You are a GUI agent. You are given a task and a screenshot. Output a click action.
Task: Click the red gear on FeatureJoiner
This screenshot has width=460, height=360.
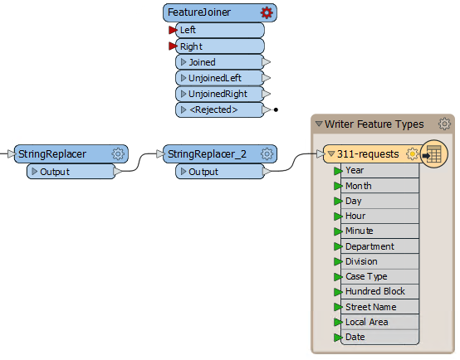[x=267, y=12]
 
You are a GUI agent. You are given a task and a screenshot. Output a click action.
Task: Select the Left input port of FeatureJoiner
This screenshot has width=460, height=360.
[x=220, y=30]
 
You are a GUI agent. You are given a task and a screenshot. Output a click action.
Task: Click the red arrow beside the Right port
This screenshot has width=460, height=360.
[x=173, y=46]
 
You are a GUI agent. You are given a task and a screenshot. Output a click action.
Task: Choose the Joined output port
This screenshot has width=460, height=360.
[x=220, y=62]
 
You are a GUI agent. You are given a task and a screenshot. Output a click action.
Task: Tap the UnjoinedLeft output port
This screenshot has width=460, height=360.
[x=220, y=78]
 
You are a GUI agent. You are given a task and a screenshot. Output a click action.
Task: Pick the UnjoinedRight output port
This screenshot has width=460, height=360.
[x=220, y=94]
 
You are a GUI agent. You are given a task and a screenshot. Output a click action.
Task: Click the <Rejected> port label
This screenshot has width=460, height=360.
[x=213, y=109]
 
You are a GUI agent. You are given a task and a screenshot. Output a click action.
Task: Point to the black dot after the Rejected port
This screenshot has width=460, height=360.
[x=276, y=110]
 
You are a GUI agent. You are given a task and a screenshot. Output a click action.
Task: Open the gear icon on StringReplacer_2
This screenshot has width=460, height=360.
[x=267, y=153]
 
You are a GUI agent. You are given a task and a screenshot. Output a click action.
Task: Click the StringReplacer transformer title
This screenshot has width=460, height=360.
[x=52, y=154]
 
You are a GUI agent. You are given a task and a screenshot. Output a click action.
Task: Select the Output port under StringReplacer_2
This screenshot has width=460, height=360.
[x=220, y=172]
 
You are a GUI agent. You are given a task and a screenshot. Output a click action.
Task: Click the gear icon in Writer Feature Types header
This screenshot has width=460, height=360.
[x=444, y=124]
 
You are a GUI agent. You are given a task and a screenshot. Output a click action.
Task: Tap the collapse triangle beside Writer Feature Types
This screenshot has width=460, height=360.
[x=319, y=124]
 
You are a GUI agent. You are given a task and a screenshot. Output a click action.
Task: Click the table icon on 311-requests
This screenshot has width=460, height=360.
[x=434, y=153]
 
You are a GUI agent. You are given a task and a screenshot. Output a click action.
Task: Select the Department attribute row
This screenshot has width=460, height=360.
[x=380, y=246]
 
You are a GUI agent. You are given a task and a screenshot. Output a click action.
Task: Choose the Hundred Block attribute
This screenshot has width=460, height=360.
[x=380, y=291]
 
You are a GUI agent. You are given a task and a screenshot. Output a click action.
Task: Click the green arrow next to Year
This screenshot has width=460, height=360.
[x=338, y=171]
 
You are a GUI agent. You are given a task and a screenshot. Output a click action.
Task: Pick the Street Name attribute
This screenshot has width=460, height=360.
[x=380, y=307]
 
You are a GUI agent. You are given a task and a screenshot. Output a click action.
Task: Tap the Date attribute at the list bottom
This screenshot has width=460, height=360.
[x=380, y=337]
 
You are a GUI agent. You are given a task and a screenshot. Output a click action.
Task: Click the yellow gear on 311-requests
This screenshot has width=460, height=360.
[x=412, y=153]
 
